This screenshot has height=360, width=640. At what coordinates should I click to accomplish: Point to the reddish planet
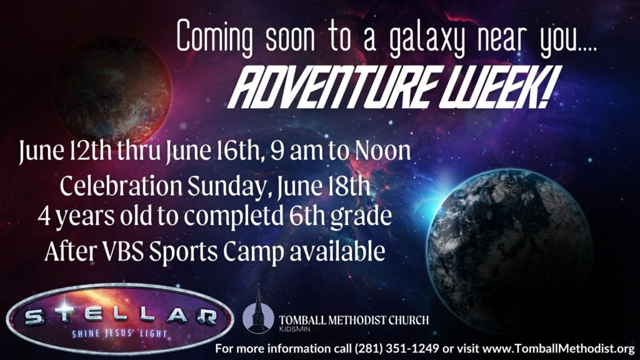coord(112,89)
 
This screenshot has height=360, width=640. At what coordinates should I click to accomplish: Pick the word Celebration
coord(121,186)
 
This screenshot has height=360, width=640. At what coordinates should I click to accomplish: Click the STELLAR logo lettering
coord(121,316)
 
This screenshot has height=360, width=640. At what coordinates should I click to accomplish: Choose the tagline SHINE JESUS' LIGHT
coord(119,334)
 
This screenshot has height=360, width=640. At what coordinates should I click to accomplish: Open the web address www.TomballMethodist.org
coord(559,349)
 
